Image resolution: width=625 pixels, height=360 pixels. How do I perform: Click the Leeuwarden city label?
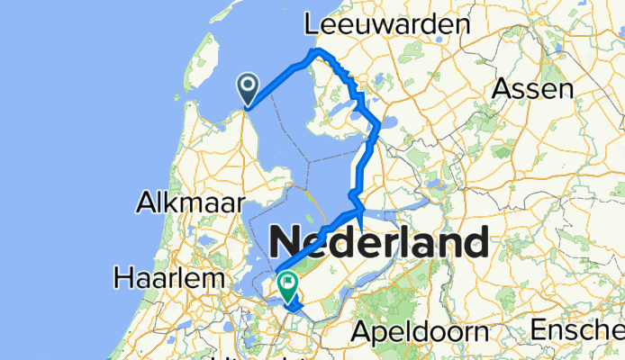[388, 24]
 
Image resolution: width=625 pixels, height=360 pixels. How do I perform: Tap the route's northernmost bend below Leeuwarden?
[316, 51]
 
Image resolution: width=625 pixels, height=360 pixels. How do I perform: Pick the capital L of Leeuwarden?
[313, 24]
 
